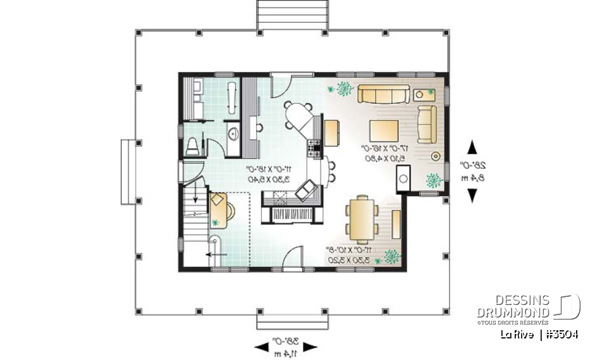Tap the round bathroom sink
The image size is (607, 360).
(x=232, y=133)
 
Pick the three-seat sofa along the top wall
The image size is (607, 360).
(x=381, y=95)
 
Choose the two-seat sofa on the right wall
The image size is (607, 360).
(x=427, y=123)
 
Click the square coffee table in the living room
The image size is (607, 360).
(x=383, y=131)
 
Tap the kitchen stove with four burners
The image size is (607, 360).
(x=314, y=150)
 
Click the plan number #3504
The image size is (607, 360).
(x=560, y=334)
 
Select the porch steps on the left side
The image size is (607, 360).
(x=130, y=171)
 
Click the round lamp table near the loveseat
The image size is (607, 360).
(x=434, y=156)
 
